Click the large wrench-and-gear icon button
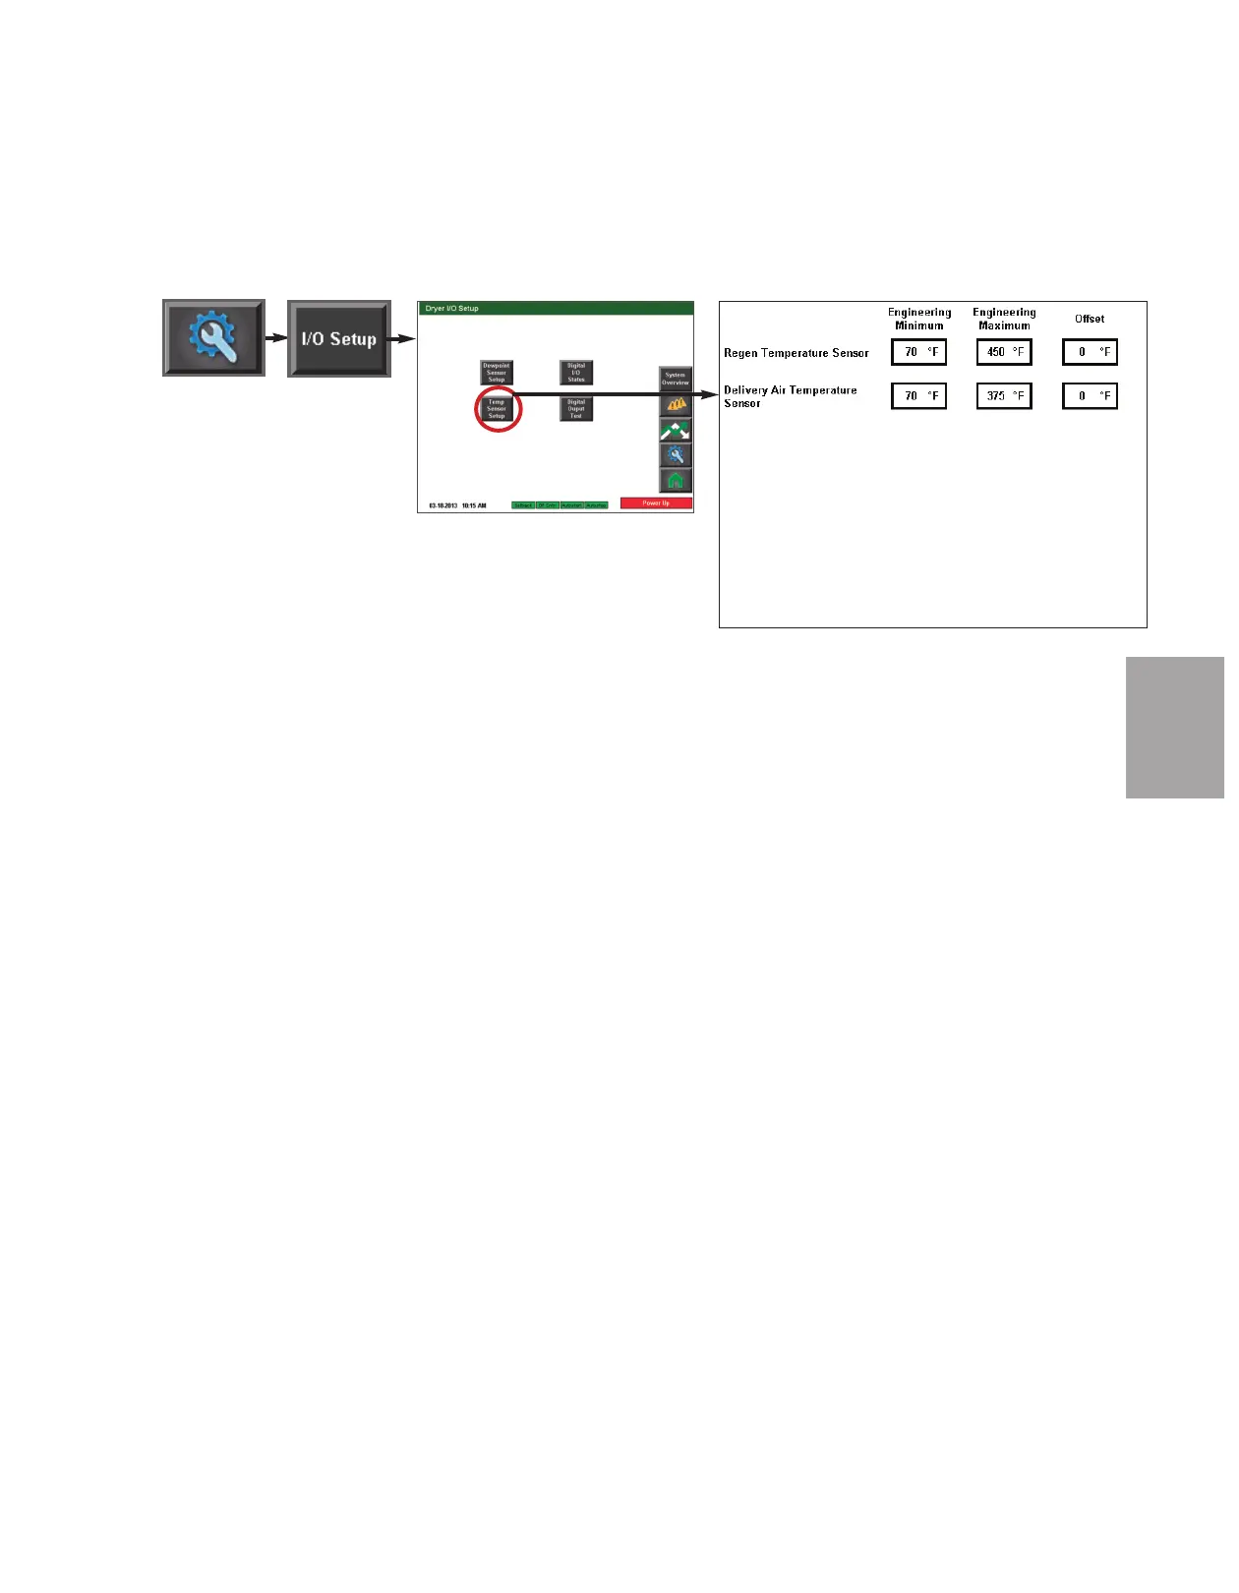point(213,337)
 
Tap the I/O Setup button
point(339,338)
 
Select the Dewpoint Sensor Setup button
point(497,373)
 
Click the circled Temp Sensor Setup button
point(497,409)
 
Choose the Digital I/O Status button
point(576,373)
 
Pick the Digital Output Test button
point(576,409)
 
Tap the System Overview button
point(676,379)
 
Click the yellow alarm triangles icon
point(676,404)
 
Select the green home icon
point(676,481)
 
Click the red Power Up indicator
point(656,503)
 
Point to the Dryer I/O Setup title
point(452,309)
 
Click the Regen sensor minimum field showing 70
point(918,352)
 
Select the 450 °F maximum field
point(1004,352)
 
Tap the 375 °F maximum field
point(1004,396)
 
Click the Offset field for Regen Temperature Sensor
point(1090,352)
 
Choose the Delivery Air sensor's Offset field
point(1090,396)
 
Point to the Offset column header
point(1090,319)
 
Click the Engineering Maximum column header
point(1004,319)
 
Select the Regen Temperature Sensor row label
point(796,353)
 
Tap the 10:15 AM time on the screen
point(474,505)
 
